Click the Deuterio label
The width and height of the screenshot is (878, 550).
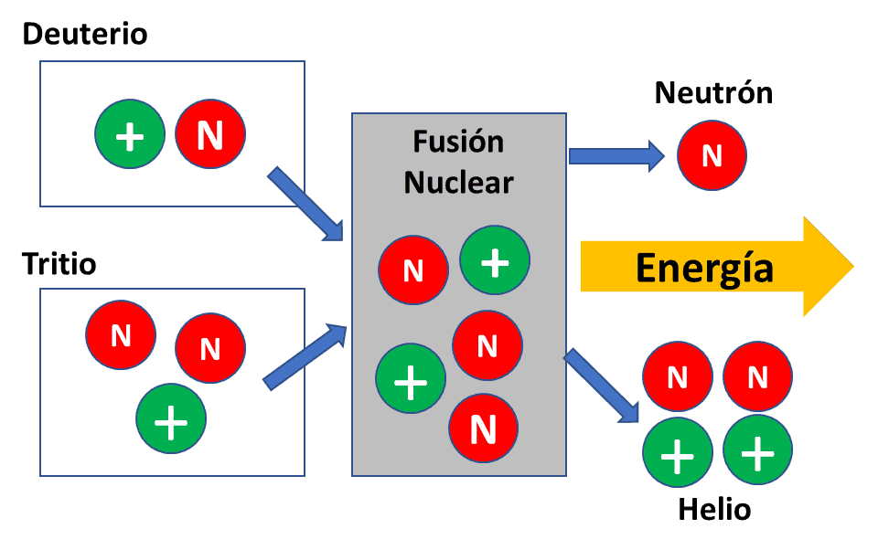click(x=85, y=35)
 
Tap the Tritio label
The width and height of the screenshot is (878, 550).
click(x=59, y=265)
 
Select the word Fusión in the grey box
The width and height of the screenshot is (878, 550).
click(x=458, y=142)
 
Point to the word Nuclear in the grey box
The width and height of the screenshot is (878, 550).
click(x=458, y=182)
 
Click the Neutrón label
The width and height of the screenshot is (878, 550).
click(x=713, y=92)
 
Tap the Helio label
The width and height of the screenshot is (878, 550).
click(x=714, y=509)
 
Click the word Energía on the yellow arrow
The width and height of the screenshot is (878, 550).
click(x=704, y=269)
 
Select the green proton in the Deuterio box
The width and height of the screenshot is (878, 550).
click(x=130, y=135)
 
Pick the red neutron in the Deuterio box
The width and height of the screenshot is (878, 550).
click(x=210, y=135)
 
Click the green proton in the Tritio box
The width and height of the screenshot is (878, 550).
click(x=171, y=419)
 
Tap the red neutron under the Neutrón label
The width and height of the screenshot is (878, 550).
click(x=712, y=155)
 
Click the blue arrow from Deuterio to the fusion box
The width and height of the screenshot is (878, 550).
click(x=305, y=204)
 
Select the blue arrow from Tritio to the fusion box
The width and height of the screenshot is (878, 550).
click(x=305, y=357)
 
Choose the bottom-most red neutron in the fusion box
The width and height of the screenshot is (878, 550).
click(x=483, y=428)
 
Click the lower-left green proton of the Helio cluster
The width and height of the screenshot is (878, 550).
click(x=678, y=453)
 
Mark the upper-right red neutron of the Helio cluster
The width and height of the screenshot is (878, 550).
click(x=757, y=375)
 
